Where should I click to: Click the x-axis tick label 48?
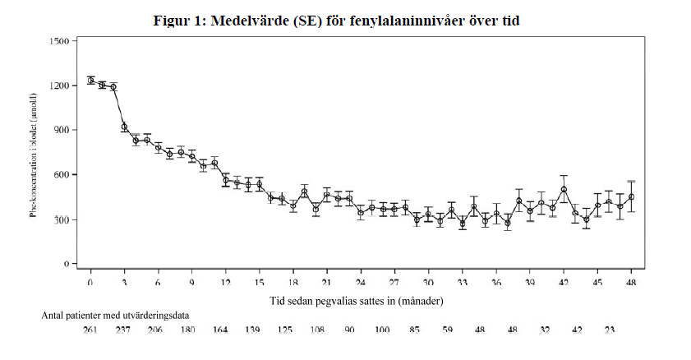(631, 282)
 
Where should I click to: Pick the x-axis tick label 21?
(327, 282)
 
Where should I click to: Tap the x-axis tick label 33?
(462, 282)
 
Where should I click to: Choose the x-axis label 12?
(226, 282)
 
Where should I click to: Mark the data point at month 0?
(91, 80)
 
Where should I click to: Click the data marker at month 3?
(125, 127)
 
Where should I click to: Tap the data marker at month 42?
(564, 190)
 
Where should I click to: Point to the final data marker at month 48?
(631, 197)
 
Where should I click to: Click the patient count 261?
(91, 330)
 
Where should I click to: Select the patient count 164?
(220, 330)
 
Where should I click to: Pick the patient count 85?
(414, 330)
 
